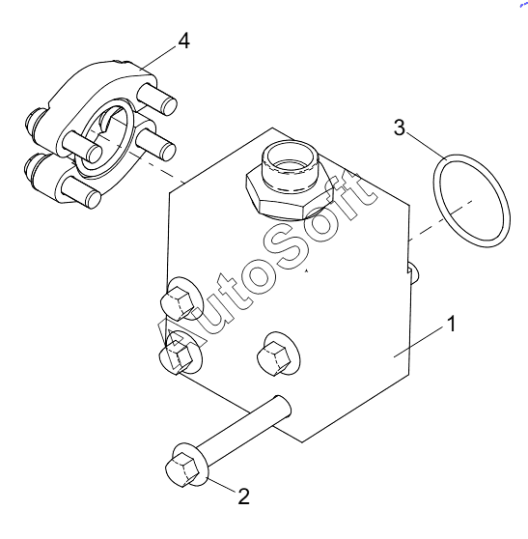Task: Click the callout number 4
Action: (x=184, y=42)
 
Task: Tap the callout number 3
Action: (x=400, y=128)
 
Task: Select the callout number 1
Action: (x=452, y=324)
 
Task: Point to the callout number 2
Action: (x=243, y=496)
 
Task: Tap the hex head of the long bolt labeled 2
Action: (x=182, y=469)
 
